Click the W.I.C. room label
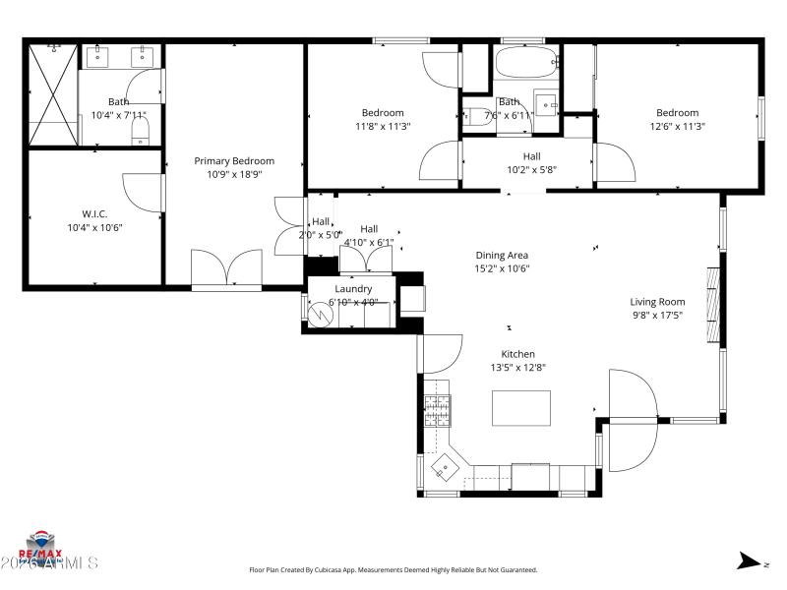click(94, 213)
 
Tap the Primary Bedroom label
click(234, 161)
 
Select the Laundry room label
click(353, 289)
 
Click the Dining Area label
click(502, 256)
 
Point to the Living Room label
click(657, 302)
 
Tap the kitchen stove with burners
click(436, 408)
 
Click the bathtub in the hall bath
click(527, 65)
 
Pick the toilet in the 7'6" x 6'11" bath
click(481, 116)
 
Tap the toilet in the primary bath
click(141, 129)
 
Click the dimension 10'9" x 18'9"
click(234, 175)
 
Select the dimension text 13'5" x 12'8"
click(518, 368)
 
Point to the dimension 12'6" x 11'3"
click(678, 126)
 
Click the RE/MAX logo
click(41, 546)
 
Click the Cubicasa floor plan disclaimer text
click(393, 569)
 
